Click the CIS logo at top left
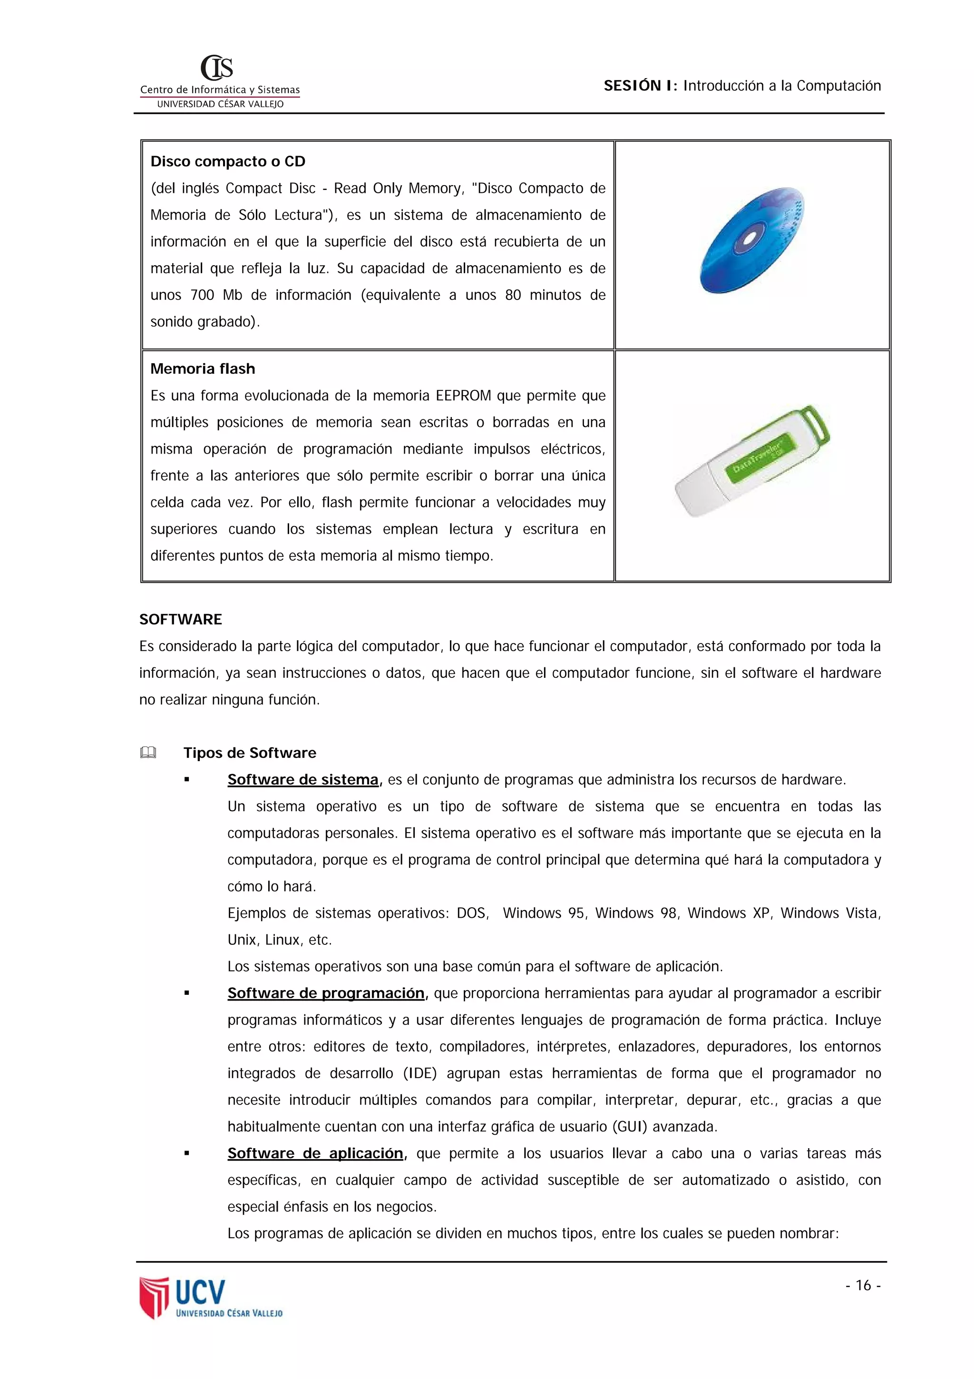click(x=217, y=68)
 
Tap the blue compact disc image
click(x=751, y=240)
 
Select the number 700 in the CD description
click(x=202, y=296)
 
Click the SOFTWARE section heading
click(x=180, y=619)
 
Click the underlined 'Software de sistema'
click(x=303, y=780)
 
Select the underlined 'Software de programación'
click(x=325, y=993)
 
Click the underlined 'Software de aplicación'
click(x=315, y=1153)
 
